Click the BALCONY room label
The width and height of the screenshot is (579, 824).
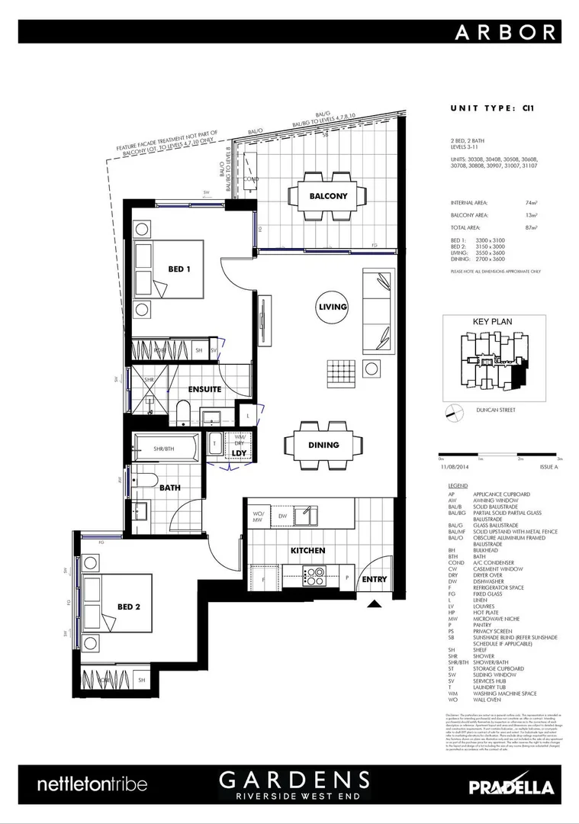328,196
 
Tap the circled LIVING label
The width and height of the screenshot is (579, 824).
333,307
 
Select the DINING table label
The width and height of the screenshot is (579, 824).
323,445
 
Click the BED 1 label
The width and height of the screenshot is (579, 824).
179,269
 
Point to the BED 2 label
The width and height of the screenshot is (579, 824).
129,607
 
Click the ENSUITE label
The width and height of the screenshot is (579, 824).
205,389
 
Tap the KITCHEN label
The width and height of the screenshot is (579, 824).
307,550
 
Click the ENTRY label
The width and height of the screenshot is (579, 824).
375,579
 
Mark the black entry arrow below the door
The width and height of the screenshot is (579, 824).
374,604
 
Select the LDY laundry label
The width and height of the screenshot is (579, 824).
238,453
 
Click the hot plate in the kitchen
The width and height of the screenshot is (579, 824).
314,574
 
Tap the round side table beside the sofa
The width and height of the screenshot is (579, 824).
372,369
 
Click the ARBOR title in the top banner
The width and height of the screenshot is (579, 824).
507,32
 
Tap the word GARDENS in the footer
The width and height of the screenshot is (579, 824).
294,779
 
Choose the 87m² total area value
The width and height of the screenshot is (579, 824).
532,227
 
